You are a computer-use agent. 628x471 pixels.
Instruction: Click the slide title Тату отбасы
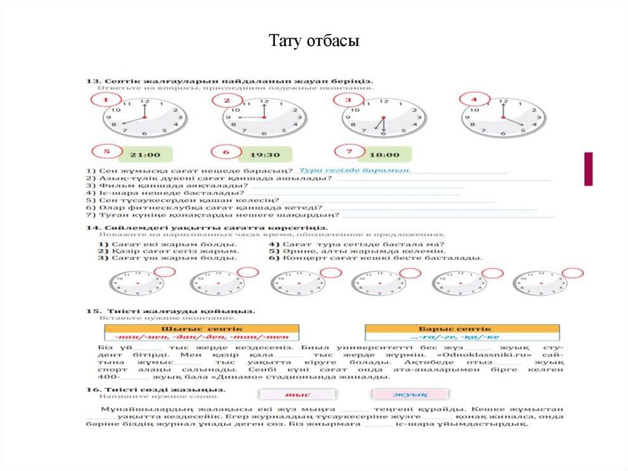pos(313,41)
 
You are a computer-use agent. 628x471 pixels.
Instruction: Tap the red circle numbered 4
pos(475,99)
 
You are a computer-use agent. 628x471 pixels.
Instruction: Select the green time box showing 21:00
pos(145,155)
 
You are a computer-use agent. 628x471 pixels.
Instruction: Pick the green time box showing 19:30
pos(264,155)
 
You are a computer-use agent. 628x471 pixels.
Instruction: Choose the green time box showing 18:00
pos(385,155)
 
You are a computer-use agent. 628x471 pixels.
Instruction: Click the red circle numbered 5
pos(106,152)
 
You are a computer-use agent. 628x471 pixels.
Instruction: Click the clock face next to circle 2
pos(264,117)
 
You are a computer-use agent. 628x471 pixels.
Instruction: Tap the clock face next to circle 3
pos(384,117)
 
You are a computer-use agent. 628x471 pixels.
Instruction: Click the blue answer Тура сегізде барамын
pos(354,170)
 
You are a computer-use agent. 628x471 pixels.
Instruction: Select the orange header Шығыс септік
pos(202,329)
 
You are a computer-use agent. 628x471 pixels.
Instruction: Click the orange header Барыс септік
pos(462,329)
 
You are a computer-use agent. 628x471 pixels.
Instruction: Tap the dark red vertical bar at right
pos(588,169)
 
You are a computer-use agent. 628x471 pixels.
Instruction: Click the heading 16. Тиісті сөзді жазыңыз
pos(143,390)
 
